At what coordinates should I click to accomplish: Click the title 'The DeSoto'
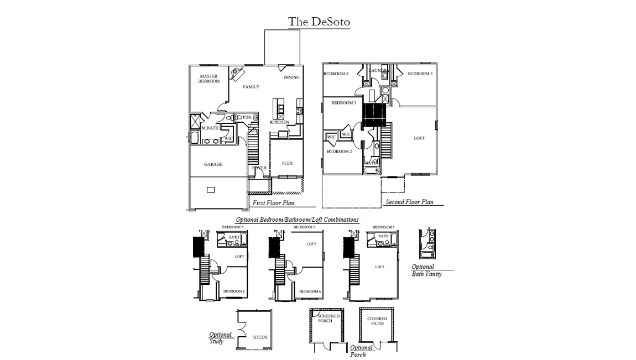pyautogui.click(x=319, y=22)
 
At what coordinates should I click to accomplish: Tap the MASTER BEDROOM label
pyautogui.click(x=208, y=79)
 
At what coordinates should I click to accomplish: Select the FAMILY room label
pyautogui.click(x=251, y=87)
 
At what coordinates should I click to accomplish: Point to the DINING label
pyautogui.click(x=291, y=77)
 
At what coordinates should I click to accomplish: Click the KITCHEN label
pyautogui.click(x=279, y=122)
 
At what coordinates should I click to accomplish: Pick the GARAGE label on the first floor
pyautogui.click(x=213, y=164)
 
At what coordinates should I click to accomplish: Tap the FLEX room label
pyautogui.click(x=287, y=163)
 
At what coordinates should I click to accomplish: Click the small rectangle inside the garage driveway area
pyautogui.click(x=211, y=190)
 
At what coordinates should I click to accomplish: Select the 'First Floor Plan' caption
pyautogui.click(x=273, y=203)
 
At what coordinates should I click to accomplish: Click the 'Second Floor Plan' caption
pyautogui.click(x=409, y=202)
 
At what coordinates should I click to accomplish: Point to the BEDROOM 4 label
pyautogui.click(x=336, y=74)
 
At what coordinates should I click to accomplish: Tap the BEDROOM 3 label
pyautogui.click(x=343, y=103)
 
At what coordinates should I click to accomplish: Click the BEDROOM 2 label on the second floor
pyautogui.click(x=339, y=152)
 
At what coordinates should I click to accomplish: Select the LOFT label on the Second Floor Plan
pyautogui.click(x=419, y=138)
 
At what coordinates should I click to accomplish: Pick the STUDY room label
pyautogui.click(x=260, y=337)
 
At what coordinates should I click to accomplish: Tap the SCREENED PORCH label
pyautogui.click(x=329, y=319)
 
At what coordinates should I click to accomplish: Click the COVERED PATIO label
pyautogui.click(x=377, y=321)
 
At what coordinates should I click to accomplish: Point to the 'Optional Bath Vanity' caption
pyautogui.click(x=426, y=270)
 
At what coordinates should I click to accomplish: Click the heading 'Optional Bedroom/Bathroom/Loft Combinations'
pyautogui.click(x=297, y=220)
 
